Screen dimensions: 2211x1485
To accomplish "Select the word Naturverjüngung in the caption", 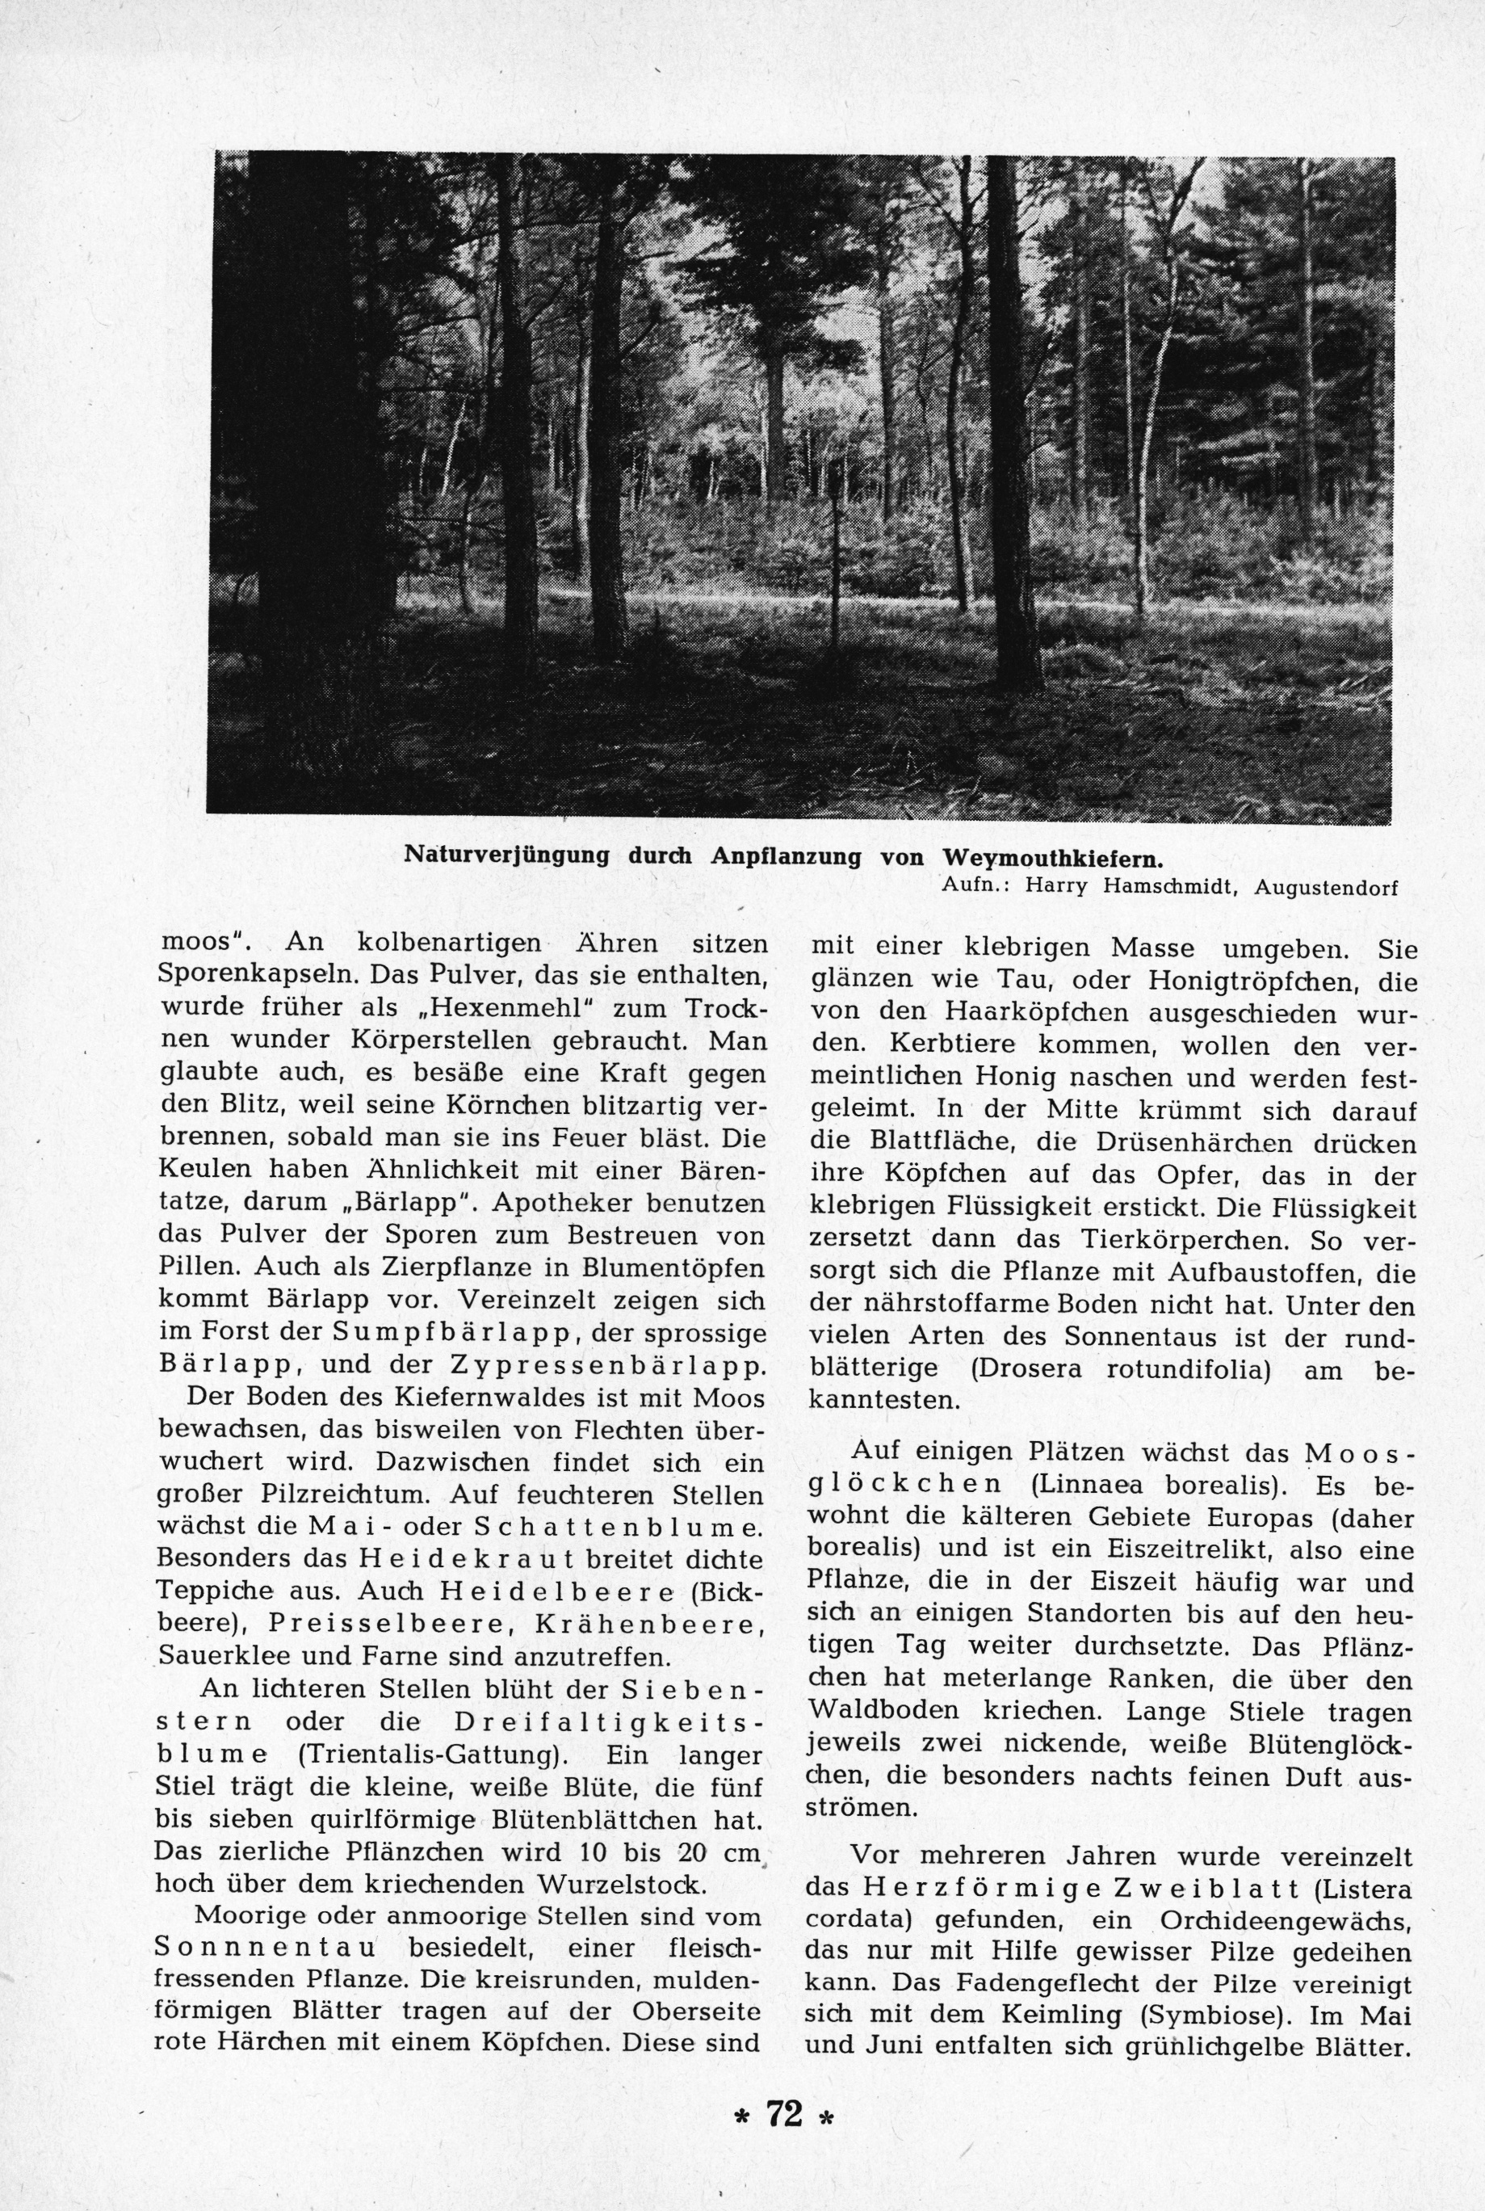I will [506, 855].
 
